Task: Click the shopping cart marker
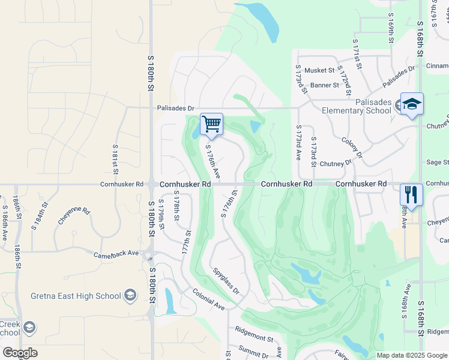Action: tap(211, 124)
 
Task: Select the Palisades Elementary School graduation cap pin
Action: tap(412, 104)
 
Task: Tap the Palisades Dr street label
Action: tap(176, 109)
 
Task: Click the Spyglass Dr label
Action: tap(226, 281)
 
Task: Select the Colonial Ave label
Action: tap(208, 298)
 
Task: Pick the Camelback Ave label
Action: tap(116, 254)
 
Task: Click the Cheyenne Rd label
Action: tap(74, 216)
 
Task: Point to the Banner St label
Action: tap(325, 85)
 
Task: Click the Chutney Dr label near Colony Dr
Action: tap(335, 163)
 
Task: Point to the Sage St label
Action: tap(437, 162)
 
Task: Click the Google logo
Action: tap(20, 353)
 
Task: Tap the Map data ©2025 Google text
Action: tap(412, 355)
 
